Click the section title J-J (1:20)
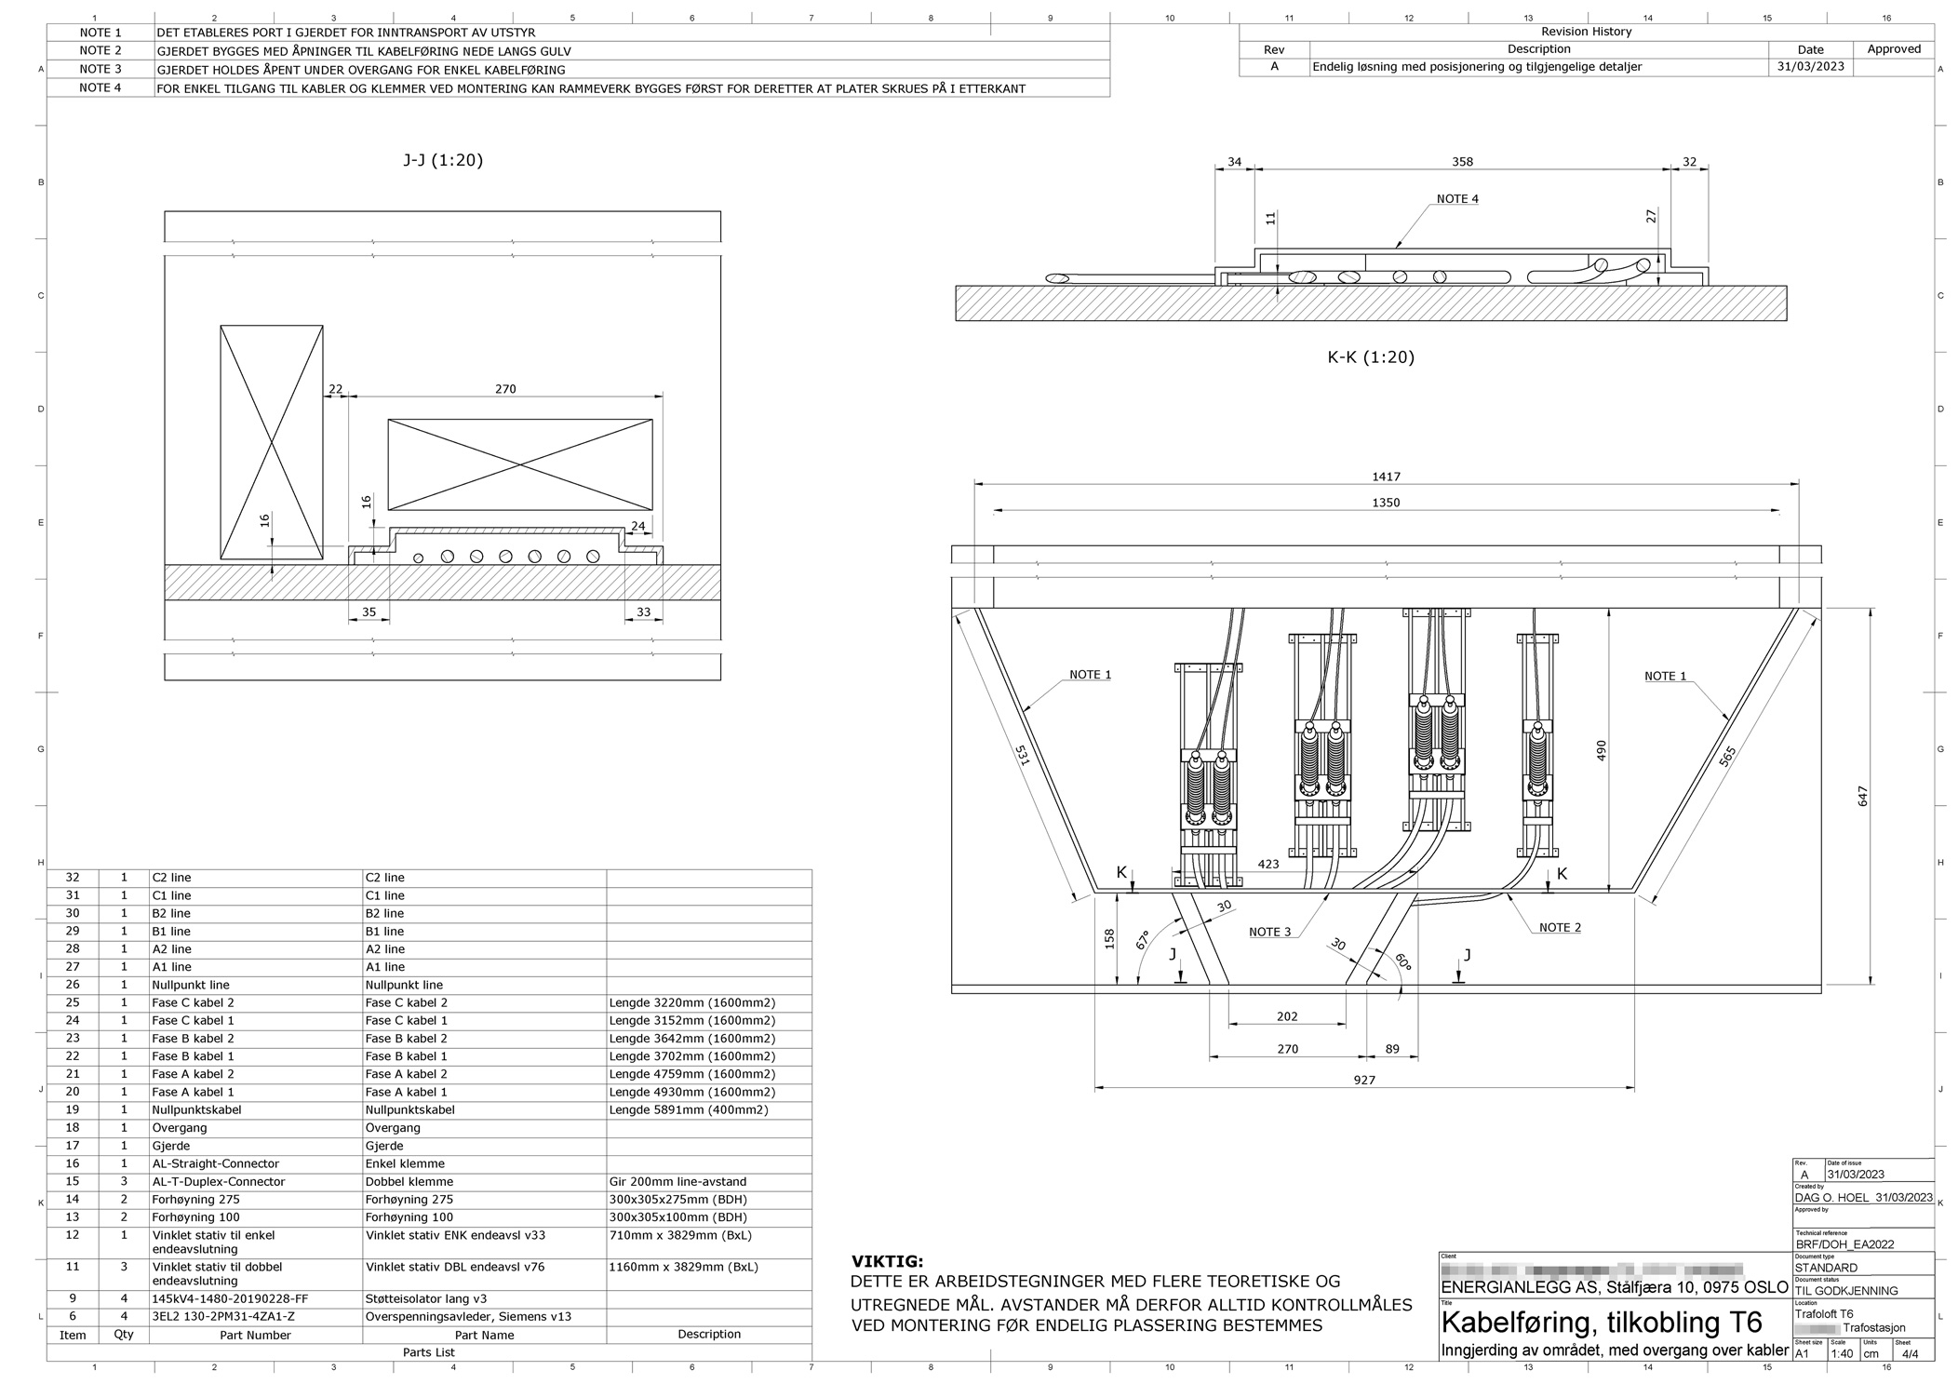pyautogui.click(x=443, y=160)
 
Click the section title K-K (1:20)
pyautogui.click(x=1370, y=357)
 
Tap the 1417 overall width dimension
pyautogui.click(x=1386, y=477)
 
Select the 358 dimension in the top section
pyautogui.click(x=1462, y=162)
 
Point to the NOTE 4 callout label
pyautogui.click(x=1456, y=199)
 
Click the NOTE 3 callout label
pyautogui.click(x=1269, y=932)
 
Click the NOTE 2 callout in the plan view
pyautogui.click(x=1560, y=927)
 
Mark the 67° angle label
pyautogui.click(x=1142, y=939)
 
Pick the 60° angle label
pyautogui.click(x=1401, y=961)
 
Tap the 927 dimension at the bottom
pyautogui.click(x=1363, y=1080)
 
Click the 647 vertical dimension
pyautogui.click(x=1862, y=796)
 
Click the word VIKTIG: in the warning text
pyautogui.click(x=887, y=1262)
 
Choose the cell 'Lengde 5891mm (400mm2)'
pyautogui.click(x=691, y=1109)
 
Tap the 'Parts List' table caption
pyautogui.click(x=428, y=1351)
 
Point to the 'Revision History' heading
pyautogui.click(x=1586, y=32)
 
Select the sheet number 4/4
pyautogui.click(x=1911, y=1354)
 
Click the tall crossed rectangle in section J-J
pyautogui.click(x=271, y=441)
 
